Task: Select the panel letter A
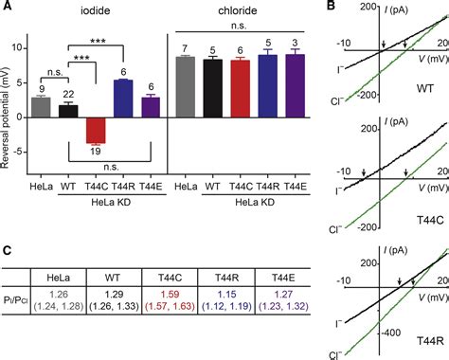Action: (7, 9)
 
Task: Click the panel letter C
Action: (7, 225)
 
